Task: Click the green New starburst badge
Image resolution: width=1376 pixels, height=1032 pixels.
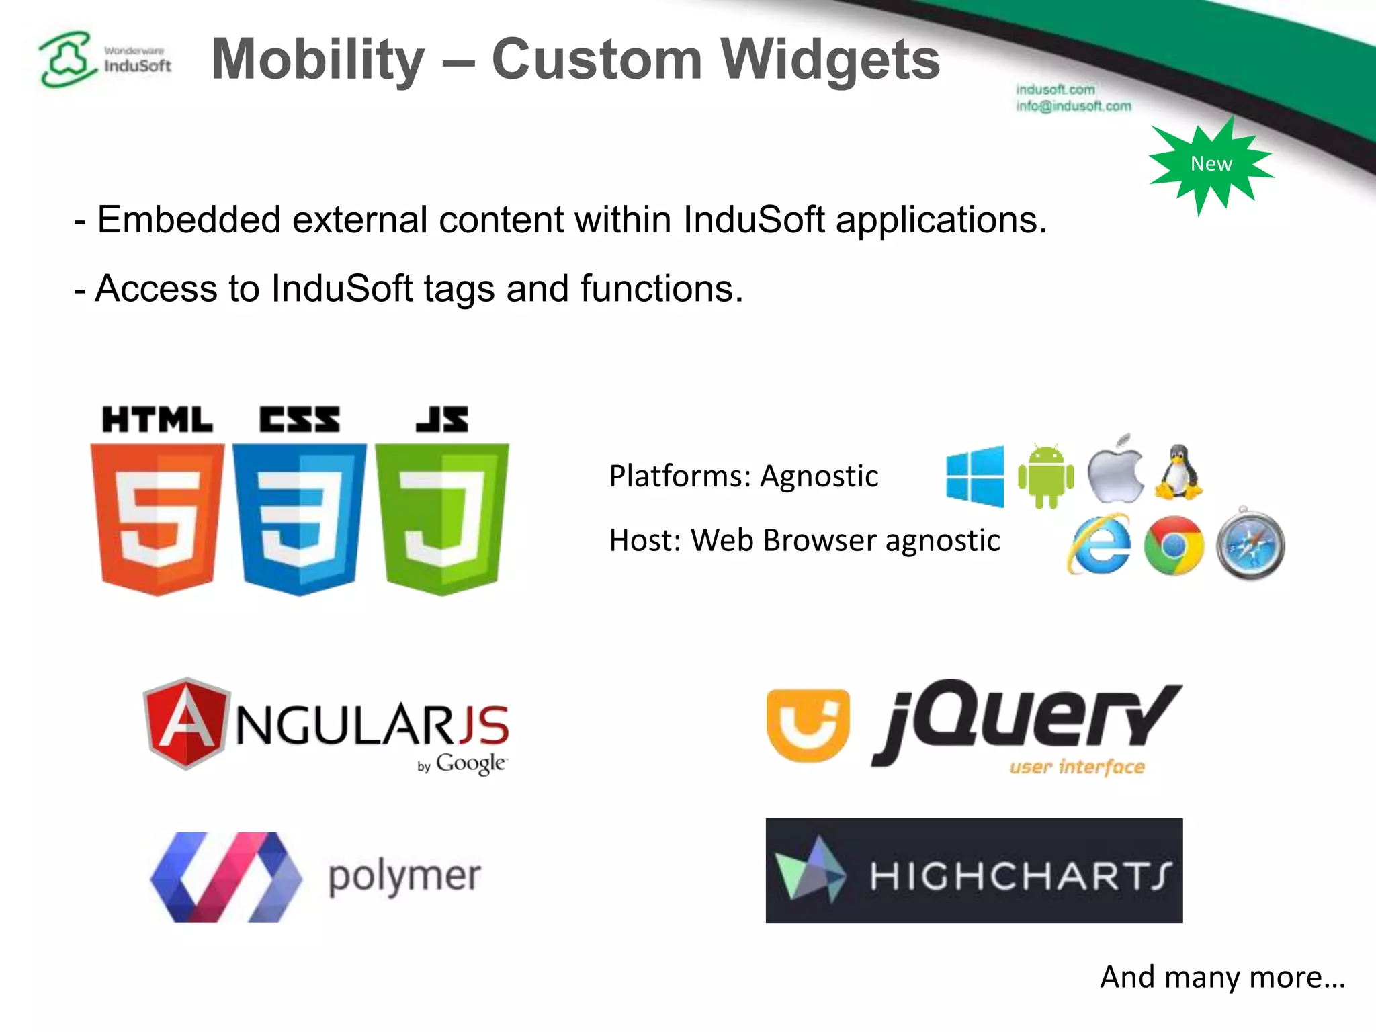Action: [1211, 164]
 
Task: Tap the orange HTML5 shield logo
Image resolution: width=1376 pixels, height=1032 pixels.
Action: [157, 517]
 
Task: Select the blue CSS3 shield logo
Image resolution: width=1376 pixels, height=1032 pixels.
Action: [300, 517]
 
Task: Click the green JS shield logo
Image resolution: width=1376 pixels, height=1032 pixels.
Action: [441, 517]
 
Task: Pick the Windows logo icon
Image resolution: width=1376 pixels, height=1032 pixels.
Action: [975, 476]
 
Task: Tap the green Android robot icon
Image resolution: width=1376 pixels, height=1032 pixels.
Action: [1045, 476]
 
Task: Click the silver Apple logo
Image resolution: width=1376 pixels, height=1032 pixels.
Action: [1115, 470]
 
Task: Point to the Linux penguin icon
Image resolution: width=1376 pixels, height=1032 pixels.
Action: [1178, 472]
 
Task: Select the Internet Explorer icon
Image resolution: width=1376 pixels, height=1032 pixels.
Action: [1099, 545]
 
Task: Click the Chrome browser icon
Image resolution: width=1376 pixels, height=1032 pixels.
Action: [1173, 546]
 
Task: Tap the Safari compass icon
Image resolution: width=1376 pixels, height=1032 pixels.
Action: [1250, 545]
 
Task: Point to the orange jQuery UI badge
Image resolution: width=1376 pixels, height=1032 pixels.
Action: [808, 726]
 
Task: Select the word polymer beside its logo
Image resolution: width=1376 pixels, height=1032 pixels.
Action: [404, 877]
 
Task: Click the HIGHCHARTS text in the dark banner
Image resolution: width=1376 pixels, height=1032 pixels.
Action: [1020, 875]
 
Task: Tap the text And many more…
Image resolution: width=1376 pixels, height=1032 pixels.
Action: [1222, 977]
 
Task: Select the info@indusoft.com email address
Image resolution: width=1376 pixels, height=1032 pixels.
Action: [1073, 106]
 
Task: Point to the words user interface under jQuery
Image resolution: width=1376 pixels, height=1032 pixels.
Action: [1076, 767]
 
